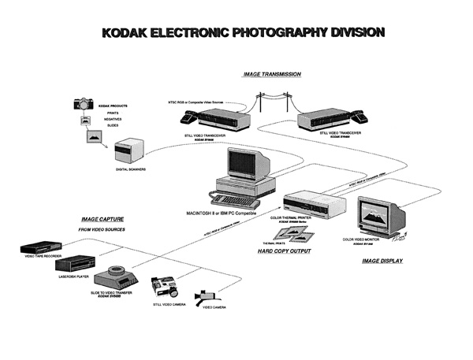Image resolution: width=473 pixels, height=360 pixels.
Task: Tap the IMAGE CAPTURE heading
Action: (102, 219)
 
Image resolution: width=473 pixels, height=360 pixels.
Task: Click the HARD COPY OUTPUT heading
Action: (284, 251)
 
